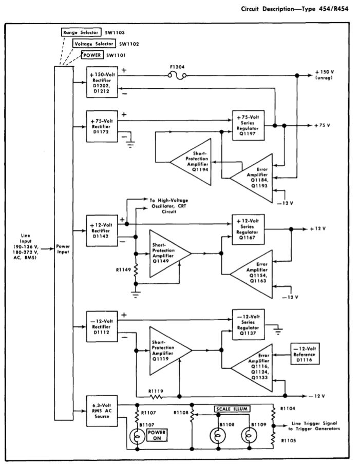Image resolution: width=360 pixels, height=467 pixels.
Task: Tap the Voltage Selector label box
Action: (94, 44)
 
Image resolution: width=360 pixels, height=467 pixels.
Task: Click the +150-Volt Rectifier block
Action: (103, 81)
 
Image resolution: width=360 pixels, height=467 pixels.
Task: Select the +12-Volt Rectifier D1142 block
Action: (103, 230)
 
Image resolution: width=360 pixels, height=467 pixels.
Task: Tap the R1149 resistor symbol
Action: (136, 270)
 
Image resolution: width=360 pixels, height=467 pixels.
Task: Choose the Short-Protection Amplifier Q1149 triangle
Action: (167, 252)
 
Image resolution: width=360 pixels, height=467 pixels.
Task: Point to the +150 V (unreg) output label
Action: (324, 75)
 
